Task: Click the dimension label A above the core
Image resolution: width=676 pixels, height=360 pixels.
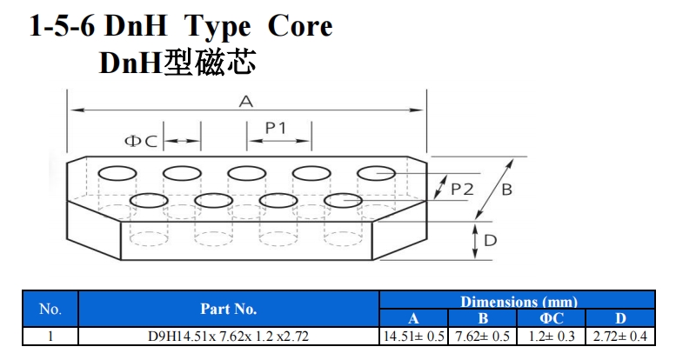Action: [246, 102]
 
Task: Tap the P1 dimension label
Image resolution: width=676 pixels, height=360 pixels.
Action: [277, 128]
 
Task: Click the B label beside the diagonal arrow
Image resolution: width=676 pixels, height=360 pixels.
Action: [507, 189]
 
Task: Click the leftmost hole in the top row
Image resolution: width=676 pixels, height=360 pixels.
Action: [117, 171]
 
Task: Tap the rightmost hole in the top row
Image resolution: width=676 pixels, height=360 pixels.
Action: [376, 172]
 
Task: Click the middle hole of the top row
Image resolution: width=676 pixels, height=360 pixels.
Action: [246, 171]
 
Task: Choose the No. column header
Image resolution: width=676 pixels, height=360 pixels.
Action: [50, 309]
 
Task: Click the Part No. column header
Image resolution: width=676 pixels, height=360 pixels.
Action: [228, 309]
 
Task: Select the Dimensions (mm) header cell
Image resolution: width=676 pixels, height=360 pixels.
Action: [519, 301]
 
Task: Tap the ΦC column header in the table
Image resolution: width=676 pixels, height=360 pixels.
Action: [552, 317]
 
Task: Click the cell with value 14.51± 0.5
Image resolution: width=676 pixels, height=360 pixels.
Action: [413, 336]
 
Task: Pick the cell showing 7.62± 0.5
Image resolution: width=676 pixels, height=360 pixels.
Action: [483, 336]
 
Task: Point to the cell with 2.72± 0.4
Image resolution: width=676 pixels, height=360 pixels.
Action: [620, 336]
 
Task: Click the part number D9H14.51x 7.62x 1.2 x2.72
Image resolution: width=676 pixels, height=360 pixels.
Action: [228, 336]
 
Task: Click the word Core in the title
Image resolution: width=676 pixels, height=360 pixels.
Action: [299, 25]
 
